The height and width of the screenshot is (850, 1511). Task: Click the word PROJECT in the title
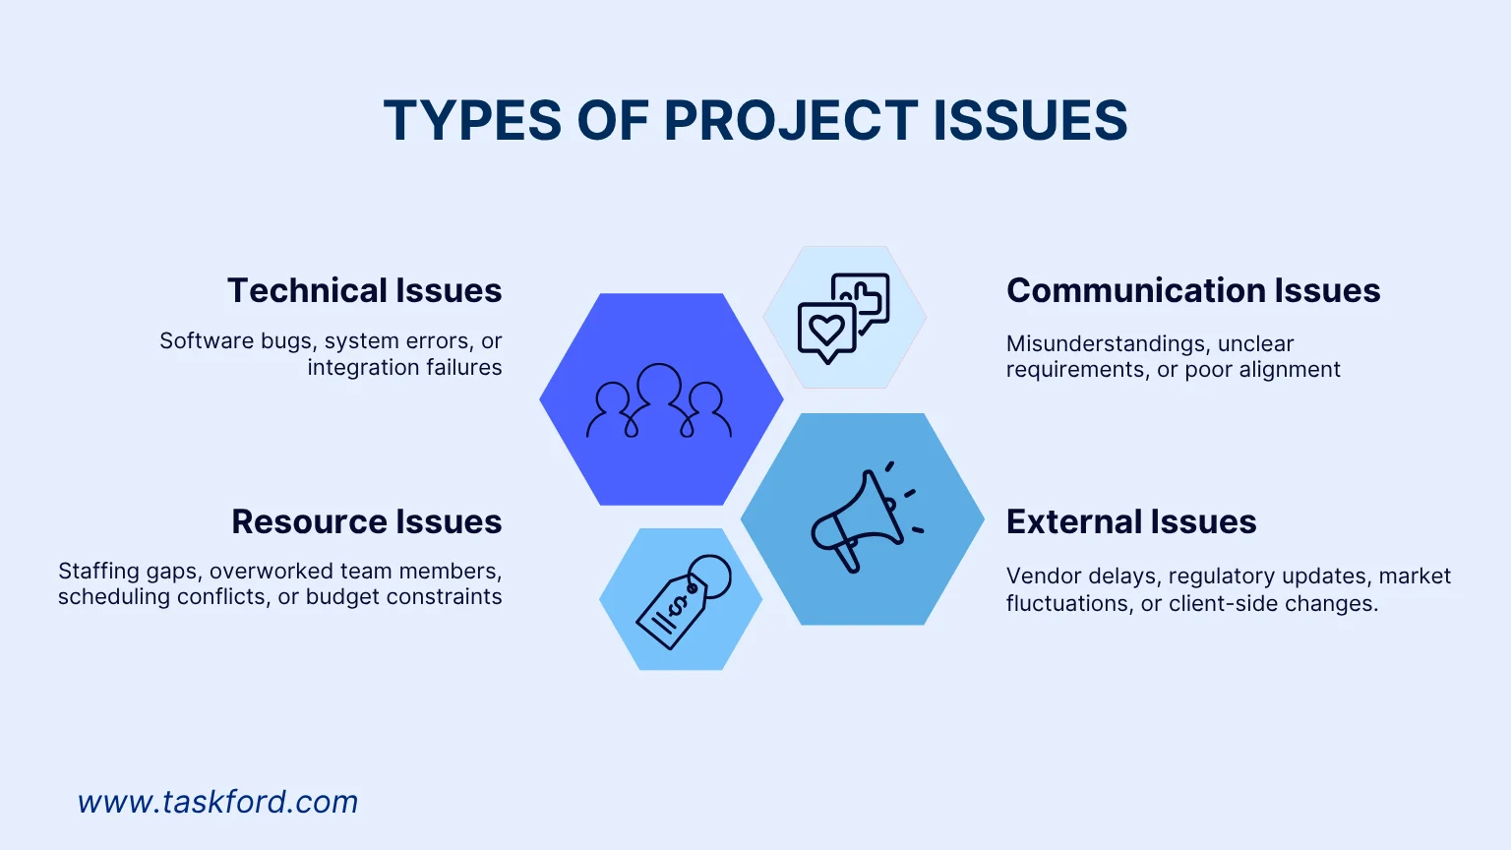[791, 121]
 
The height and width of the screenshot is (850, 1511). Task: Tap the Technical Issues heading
[364, 291]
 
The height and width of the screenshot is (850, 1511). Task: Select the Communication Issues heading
[1193, 291]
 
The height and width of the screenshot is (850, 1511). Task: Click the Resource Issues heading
[366, 521]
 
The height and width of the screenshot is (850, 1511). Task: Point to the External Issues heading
[1131, 521]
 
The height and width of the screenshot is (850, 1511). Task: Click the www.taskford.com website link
[217, 802]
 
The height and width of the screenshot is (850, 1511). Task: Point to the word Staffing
[98, 572]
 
